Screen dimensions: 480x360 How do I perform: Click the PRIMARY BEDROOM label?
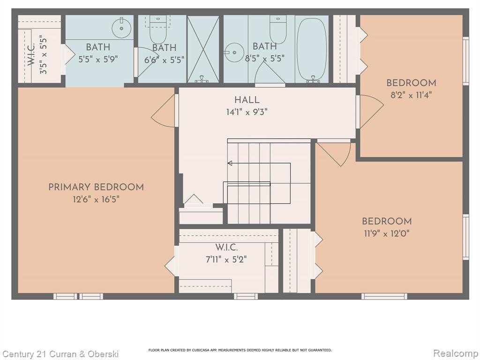(x=96, y=187)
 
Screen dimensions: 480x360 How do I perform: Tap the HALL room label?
(x=247, y=100)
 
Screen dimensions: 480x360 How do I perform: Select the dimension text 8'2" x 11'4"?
(x=411, y=95)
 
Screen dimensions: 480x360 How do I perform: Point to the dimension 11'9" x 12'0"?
(x=387, y=233)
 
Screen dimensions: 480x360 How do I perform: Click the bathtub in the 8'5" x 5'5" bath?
(x=311, y=50)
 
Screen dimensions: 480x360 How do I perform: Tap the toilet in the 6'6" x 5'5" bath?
(x=158, y=30)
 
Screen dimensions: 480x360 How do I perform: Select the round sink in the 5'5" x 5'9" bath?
(x=121, y=28)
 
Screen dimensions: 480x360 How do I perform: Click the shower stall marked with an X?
(x=203, y=49)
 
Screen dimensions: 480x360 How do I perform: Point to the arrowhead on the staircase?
(x=230, y=163)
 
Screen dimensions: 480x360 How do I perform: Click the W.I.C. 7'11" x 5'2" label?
(x=226, y=254)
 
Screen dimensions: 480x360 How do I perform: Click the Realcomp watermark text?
(x=455, y=353)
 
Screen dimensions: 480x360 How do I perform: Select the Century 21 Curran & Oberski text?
(x=60, y=354)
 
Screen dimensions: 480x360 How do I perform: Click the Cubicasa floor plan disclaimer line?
(x=240, y=350)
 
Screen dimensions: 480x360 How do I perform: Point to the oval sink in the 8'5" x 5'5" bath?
(x=234, y=52)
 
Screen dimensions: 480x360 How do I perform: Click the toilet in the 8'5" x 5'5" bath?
(x=278, y=30)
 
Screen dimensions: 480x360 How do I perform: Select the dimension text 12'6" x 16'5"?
(x=96, y=200)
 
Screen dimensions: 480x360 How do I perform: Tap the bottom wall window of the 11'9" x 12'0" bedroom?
(x=384, y=296)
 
